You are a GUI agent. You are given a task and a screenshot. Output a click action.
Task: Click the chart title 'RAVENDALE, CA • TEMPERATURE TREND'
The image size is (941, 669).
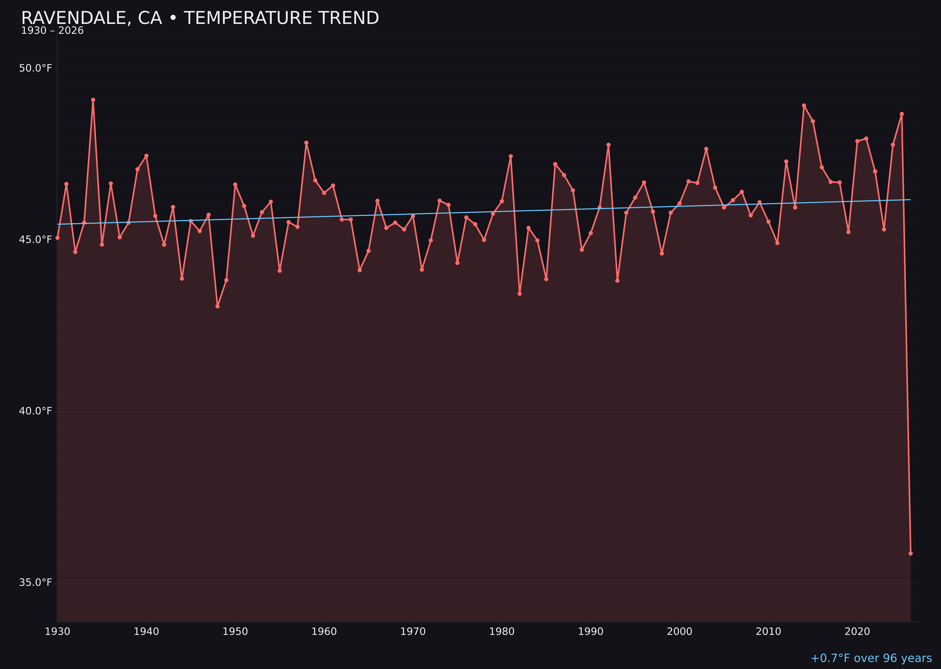[200, 18]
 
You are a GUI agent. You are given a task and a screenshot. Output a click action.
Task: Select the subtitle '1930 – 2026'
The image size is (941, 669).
[52, 31]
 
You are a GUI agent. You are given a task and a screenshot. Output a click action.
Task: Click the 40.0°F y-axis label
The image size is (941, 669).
[36, 411]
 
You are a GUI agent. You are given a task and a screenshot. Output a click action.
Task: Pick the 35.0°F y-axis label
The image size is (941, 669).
[36, 582]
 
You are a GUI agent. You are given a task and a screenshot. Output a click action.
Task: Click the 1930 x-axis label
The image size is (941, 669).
[58, 632]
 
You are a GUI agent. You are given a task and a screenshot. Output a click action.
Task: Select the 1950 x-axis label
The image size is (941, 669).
[235, 632]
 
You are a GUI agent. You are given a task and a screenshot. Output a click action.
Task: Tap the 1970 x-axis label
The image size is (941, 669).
[413, 632]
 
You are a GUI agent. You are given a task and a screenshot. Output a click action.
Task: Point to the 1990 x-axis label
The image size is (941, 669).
[591, 632]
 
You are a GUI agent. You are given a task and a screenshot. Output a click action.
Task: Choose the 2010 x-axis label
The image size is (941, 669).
[768, 632]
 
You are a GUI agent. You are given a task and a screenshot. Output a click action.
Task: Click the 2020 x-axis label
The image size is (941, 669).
[857, 632]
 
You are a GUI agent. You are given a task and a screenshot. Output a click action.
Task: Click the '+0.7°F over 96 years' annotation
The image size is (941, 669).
[871, 658]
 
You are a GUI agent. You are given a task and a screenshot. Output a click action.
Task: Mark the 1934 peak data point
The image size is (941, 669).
[93, 100]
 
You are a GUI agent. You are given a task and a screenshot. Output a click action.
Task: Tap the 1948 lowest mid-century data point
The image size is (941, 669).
[218, 306]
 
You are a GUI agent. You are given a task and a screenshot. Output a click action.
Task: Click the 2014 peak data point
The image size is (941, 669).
[804, 105]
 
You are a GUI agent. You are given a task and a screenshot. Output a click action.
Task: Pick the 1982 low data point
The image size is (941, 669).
[519, 294]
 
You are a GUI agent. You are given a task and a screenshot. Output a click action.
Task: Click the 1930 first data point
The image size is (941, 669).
[58, 238]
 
